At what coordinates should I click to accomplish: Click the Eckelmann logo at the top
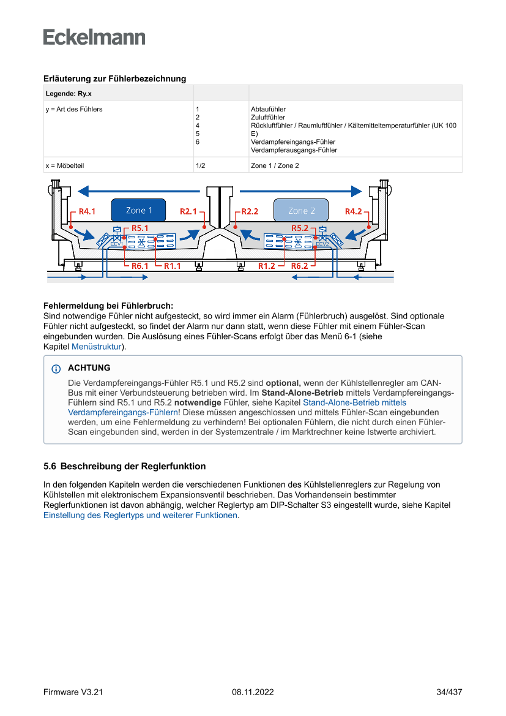[94, 37]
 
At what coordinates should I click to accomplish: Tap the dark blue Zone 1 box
[139, 210]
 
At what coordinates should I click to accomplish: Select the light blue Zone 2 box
[301, 210]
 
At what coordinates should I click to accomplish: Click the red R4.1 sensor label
[87, 211]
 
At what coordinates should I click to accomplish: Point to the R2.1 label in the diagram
[188, 211]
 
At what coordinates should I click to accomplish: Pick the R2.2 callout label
[250, 211]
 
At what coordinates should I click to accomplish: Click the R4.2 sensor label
[353, 211]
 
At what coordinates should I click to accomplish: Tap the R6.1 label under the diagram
[140, 266]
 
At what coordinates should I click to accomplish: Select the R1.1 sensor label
[172, 266]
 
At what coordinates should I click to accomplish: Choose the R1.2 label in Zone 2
[266, 266]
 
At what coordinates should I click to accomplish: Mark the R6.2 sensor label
[299, 266]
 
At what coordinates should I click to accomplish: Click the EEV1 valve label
[116, 244]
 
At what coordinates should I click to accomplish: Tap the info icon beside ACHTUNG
[56, 369]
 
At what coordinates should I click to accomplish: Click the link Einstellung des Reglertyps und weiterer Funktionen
[140, 515]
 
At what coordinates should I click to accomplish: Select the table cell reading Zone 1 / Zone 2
[275, 165]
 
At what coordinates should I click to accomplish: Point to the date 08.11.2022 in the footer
[253, 692]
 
